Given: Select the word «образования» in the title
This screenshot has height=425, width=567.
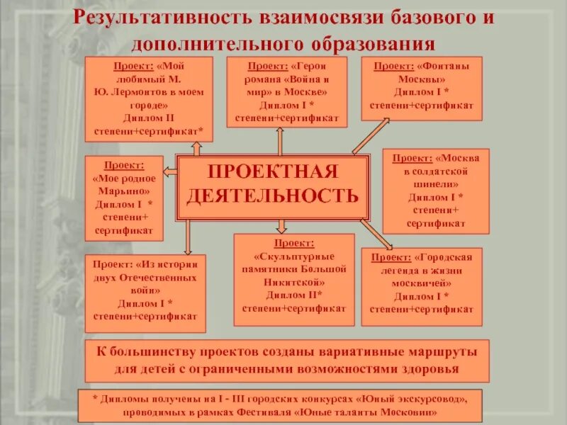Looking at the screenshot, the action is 373,43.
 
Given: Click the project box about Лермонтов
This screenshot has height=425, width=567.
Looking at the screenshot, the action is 149,98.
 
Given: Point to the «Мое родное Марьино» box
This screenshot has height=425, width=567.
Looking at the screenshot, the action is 124,198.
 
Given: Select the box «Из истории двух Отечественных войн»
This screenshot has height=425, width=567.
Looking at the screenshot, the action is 145,293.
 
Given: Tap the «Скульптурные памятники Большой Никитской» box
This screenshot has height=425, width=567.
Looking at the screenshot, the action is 294,278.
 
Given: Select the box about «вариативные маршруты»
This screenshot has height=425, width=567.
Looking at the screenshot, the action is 286,361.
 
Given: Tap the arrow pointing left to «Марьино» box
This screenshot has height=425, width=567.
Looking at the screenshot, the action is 170,169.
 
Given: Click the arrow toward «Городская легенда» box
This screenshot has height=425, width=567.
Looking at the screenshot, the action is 374,232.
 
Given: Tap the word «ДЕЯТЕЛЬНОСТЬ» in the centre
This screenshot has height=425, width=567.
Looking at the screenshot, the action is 273,196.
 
